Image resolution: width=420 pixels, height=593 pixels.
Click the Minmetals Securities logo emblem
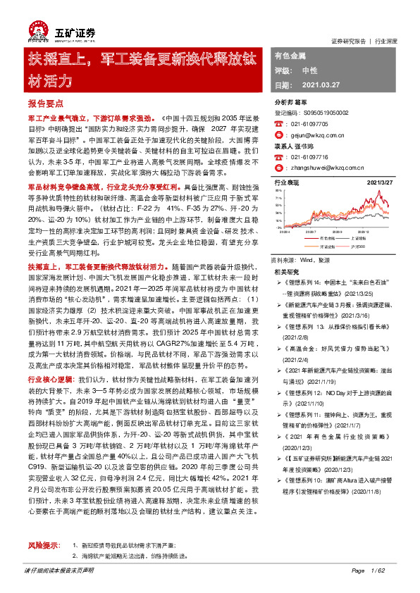(39, 30)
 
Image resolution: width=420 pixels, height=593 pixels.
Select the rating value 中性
(309, 70)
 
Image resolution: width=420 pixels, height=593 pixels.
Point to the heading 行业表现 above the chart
(285, 182)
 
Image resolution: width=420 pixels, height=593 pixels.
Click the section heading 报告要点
(45, 103)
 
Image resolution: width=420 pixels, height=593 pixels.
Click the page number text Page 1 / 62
(369, 570)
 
